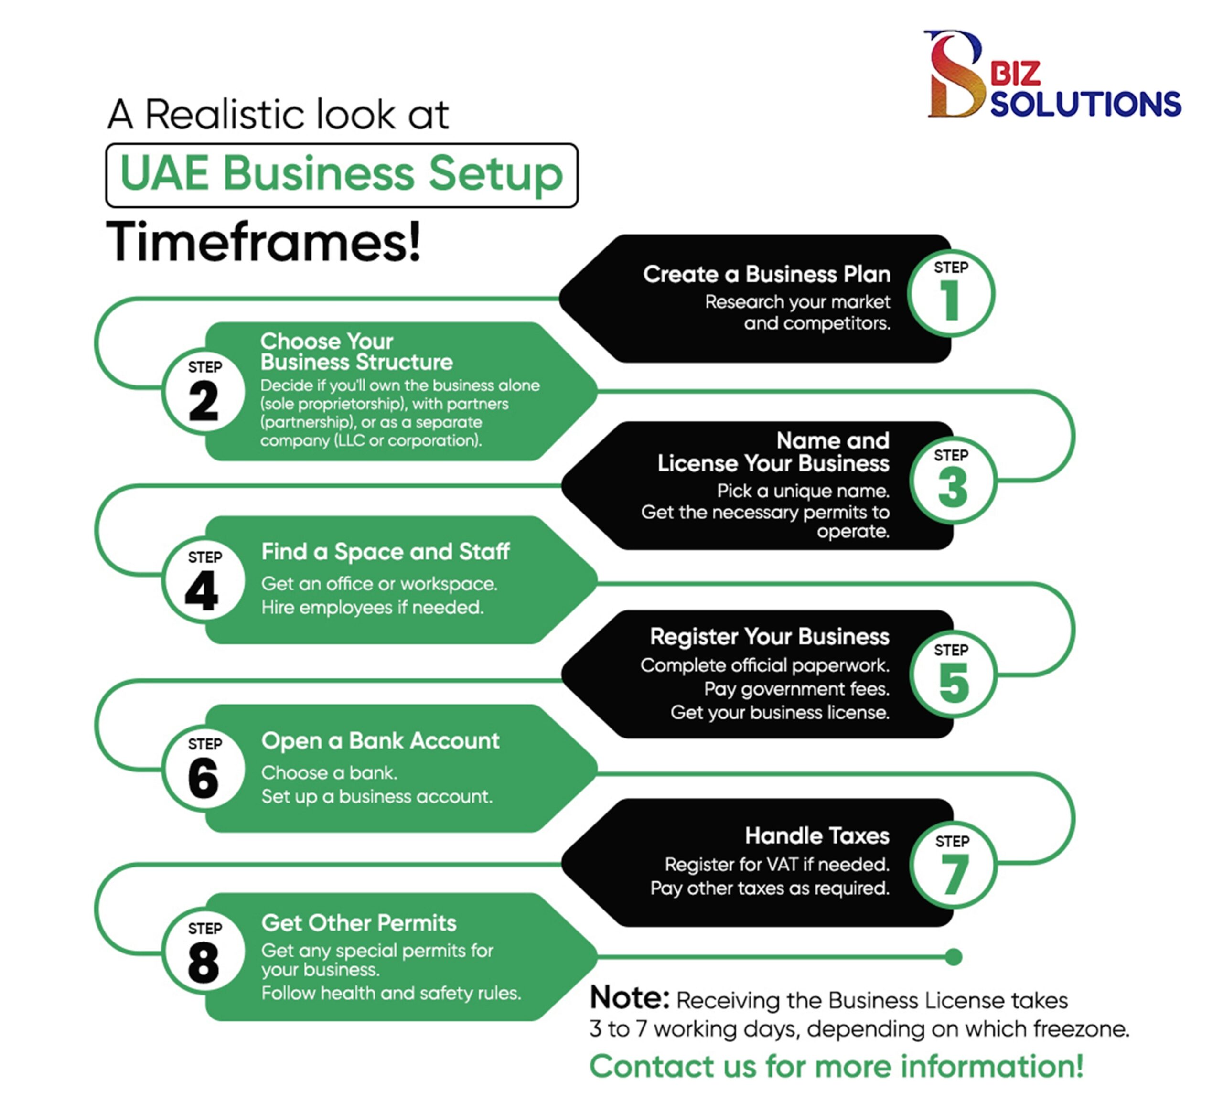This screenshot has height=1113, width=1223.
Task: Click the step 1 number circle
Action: (951, 294)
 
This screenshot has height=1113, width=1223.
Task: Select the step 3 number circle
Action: (953, 482)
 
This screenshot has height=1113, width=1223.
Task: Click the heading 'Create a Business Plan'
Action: (767, 274)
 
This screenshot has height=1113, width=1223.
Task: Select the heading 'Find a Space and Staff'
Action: (385, 551)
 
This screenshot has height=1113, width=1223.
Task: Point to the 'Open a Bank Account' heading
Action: (380, 740)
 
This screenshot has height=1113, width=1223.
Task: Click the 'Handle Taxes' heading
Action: (816, 836)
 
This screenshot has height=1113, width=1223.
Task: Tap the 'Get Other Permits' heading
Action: (358, 922)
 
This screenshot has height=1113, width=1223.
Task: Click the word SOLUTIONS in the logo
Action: (1085, 104)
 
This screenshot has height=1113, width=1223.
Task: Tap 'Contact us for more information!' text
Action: (836, 1066)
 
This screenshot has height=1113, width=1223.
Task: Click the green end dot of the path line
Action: (953, 957)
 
